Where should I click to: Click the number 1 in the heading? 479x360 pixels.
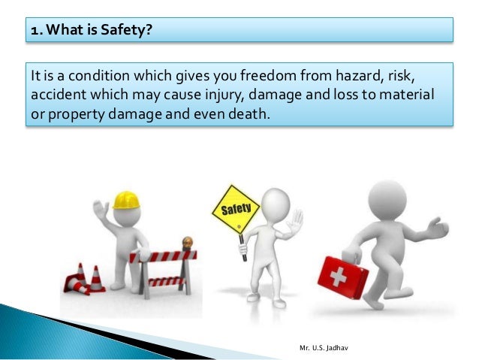click(35, 30)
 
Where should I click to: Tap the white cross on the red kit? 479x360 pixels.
click(337, 277)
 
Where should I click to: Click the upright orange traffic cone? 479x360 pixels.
click(95, 277)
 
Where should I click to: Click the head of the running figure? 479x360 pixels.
click(387, 199)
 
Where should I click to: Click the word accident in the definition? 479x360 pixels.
click(54, 97)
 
